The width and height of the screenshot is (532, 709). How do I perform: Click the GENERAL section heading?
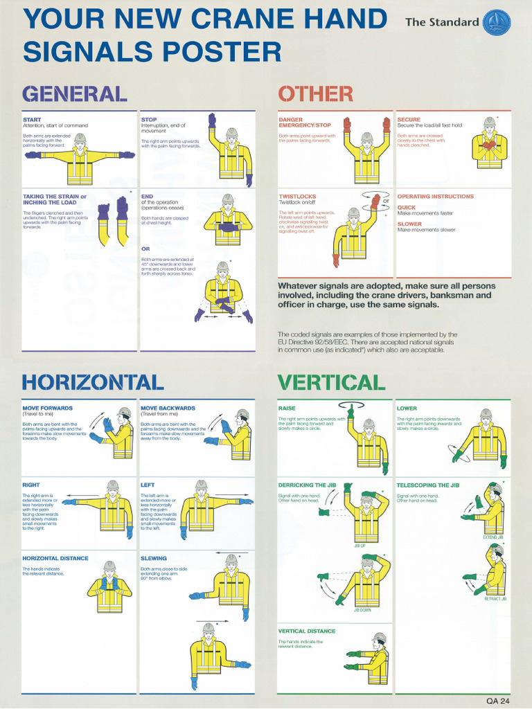point(74,93)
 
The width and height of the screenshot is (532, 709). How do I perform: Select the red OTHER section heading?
point(315,93)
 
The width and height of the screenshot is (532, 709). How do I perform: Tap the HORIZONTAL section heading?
point(93,382)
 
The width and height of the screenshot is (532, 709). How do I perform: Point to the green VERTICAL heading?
point(331,382)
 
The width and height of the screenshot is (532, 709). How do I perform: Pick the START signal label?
point(32,120)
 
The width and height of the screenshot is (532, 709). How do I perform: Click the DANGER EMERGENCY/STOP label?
point(305,123)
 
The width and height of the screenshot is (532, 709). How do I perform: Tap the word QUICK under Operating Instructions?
point(407,207)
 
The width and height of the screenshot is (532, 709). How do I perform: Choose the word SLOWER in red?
point(409,224)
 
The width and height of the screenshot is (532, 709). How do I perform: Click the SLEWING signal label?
point(153,558)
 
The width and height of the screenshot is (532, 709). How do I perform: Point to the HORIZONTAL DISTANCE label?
point(55,558)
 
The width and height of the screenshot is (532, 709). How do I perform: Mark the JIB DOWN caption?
point(363,610)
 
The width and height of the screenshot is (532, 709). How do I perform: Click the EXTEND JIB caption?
point(493,537)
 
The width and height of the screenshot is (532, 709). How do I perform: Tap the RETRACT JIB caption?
point(495,599)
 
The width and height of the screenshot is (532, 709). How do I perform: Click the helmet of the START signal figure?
point(80,138)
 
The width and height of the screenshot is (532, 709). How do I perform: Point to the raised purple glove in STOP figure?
point(212,120)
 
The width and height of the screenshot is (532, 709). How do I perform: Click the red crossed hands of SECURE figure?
point(489,145)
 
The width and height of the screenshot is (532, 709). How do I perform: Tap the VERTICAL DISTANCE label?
point(307,631)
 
